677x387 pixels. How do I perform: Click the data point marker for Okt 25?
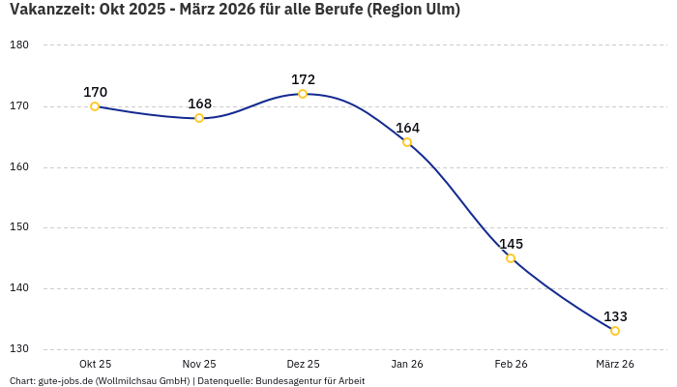pyautogui.click(x=95, y=106)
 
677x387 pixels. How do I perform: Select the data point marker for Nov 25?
pyautogui.click(x=199, y=118)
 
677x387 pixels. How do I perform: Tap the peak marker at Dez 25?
pyautogui.click(x=303, y=94)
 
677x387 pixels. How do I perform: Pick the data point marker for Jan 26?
pyautogui.click(x=407, y=142)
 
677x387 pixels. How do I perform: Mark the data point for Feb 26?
pyautogui.click(x=511, y=258)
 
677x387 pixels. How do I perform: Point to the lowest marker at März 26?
pyautogui.click(x=615, y=331)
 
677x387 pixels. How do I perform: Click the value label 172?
pyautogui.click(x=303, y=79)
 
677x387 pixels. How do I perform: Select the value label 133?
pyautogui.click(x=615, y=316)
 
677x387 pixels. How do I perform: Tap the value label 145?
pyautogui.click(x=511, y=244)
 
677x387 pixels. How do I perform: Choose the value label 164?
pyautogui.click(x=407, y=128)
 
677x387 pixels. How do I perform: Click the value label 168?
pyautogui.click(x=199, y=104)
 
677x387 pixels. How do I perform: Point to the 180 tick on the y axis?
pyautogui.click(x=19, y=45)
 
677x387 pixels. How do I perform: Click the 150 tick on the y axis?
pyautogui.click(x=19, y=227)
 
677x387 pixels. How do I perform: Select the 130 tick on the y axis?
pyautogui.click(x=19, y=349)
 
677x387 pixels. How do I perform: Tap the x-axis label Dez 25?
pyautogui.click(x=303, y=364)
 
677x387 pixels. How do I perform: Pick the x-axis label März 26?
pyautogui.click(x=615, y=364)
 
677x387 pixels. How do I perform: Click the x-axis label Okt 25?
pyautogui.click(x=95, y=364)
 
